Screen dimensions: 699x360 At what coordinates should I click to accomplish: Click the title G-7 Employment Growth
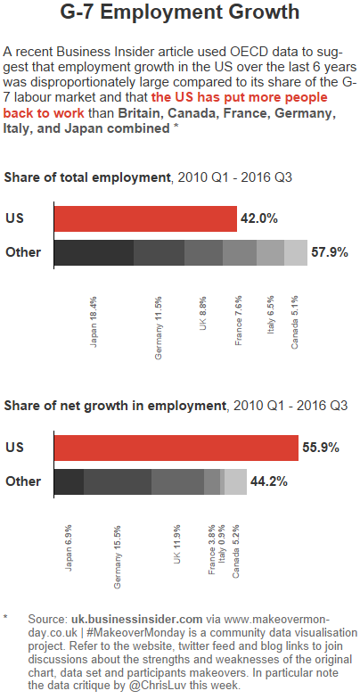click(179, 14)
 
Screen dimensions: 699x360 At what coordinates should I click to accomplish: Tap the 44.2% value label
click(268, 481)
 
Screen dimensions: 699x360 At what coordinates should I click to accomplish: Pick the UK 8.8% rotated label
click(203, 313)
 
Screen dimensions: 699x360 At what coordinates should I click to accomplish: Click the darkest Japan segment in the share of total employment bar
click(94, 252)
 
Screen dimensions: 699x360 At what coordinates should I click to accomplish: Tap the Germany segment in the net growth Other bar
click(117, 481)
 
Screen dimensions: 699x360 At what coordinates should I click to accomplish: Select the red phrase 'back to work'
click(45, 114)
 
